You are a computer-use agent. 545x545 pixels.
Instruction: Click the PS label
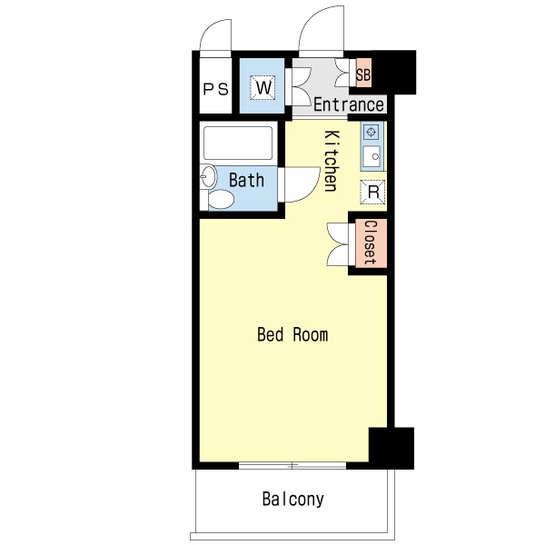[x=215, y=89]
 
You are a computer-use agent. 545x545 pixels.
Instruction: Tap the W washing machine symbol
[x=263, y=87]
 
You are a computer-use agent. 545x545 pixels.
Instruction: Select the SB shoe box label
[x=363, y=75]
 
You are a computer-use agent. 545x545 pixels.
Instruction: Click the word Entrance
[x=348, y=105]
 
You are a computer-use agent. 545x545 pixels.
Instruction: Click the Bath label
[x=246, y=180]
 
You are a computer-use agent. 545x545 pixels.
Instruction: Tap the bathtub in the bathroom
[x=238, y=143]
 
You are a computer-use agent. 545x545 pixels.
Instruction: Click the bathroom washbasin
[x=208, y=177]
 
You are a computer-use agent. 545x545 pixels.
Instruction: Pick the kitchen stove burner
[x=372, y=133]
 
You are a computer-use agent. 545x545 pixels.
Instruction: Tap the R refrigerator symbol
[x=372, y=192]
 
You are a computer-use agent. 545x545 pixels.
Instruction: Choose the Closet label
[x=370, y=243]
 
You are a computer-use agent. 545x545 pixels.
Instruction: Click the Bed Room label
[x=292, y=335]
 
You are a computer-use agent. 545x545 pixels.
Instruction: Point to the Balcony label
[x=292, y=499]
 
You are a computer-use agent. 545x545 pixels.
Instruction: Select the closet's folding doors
[x=338, y=243]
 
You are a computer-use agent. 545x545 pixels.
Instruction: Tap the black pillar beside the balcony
[x=391, y=447]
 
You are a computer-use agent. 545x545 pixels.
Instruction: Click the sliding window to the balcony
[x=292, y=466]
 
